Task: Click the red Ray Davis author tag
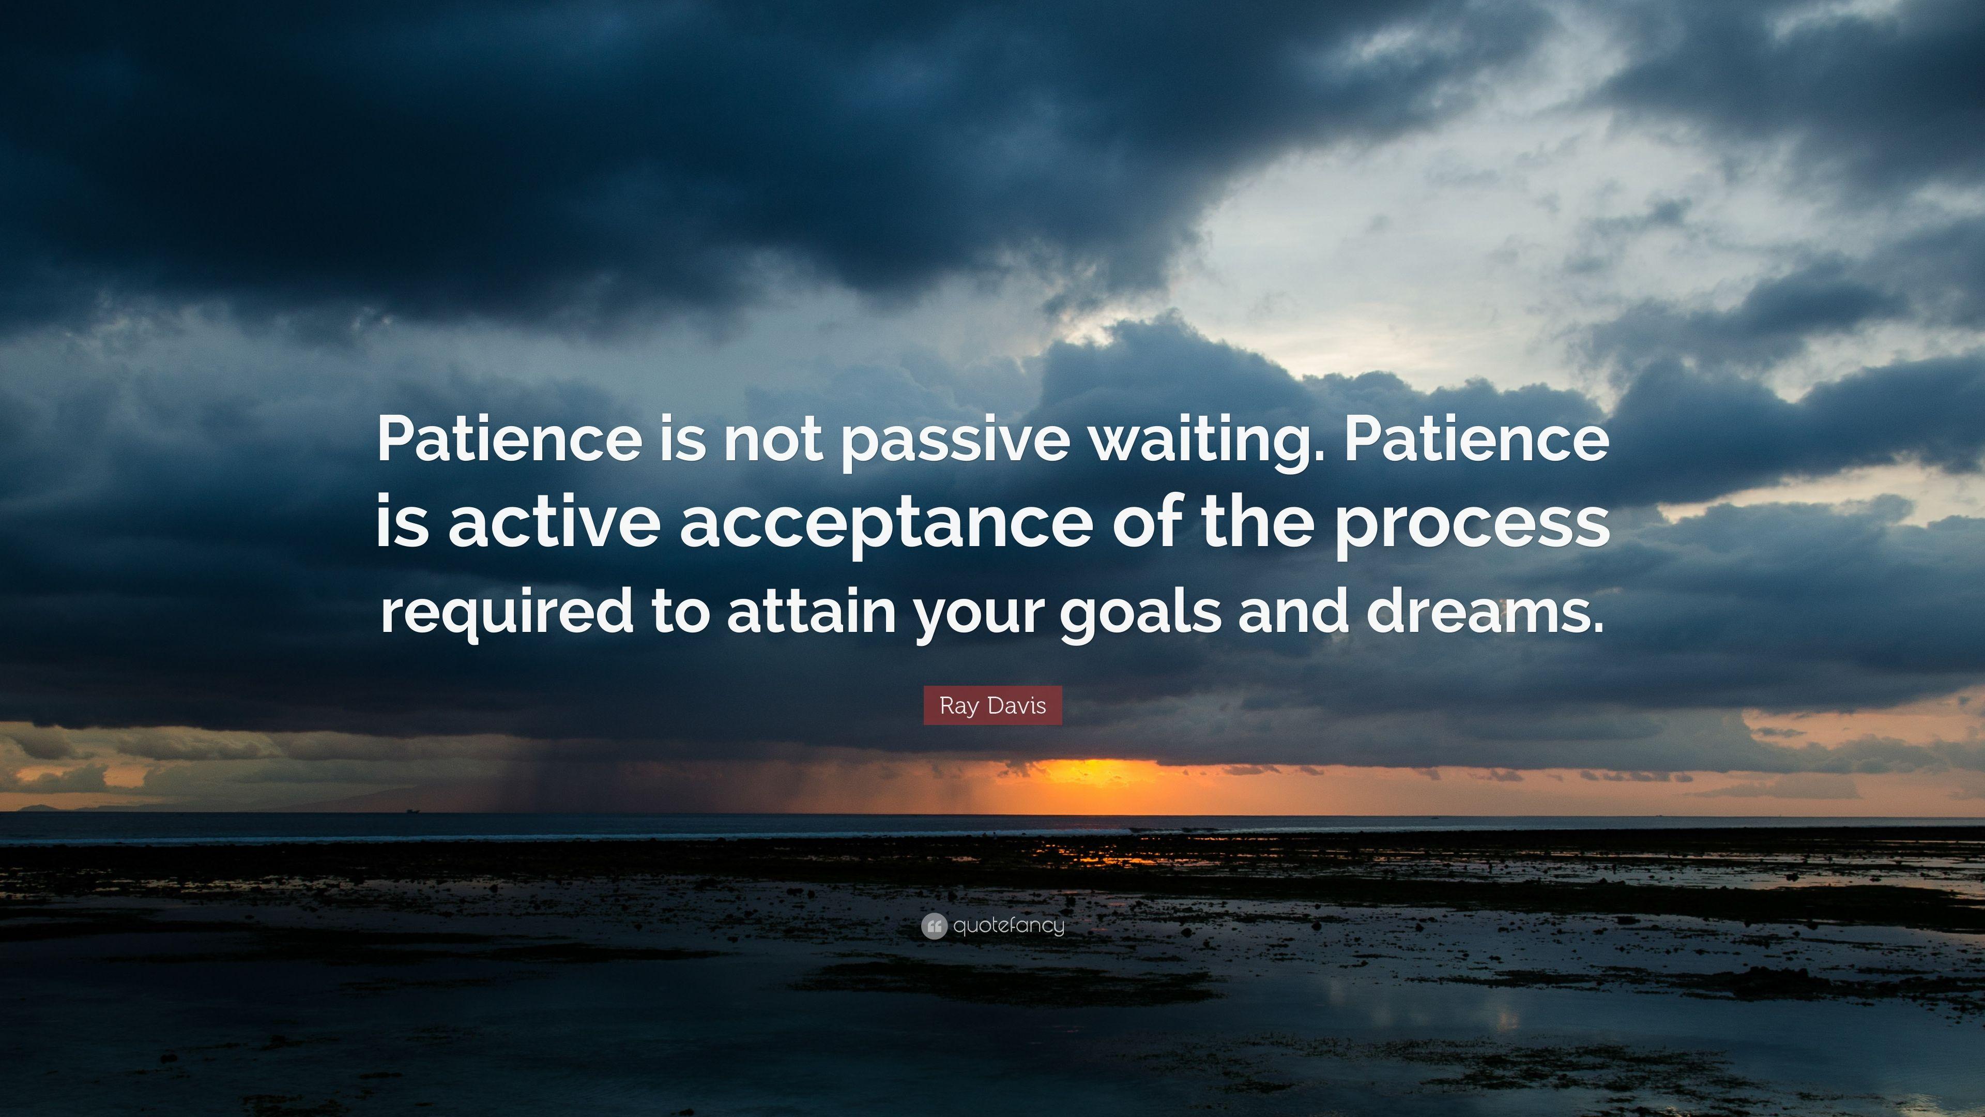993,706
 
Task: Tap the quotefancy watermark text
1008,926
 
